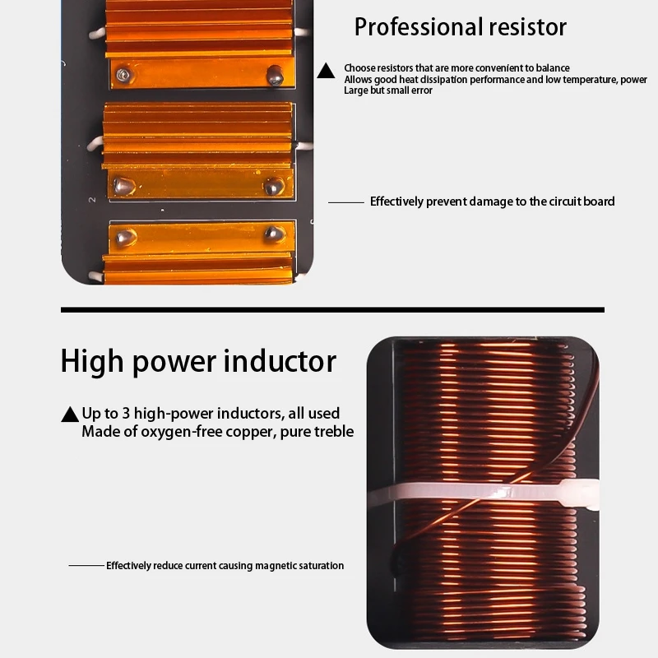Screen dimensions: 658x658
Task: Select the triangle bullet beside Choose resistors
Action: click(327, 72)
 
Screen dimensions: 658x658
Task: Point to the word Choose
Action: click(359, 68)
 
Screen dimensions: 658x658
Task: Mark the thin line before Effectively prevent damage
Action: click(345, 202)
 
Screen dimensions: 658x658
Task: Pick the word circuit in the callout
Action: click(538, 202)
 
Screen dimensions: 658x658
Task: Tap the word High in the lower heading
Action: click(94, 362)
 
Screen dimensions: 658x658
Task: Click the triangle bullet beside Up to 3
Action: click(70, 415)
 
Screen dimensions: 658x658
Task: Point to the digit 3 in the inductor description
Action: click(131, 414)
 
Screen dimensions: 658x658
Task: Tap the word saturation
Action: click(320, 566)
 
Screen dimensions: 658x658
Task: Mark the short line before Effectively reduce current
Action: click(86, 566)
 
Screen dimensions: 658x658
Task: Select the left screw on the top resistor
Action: click(123, 75)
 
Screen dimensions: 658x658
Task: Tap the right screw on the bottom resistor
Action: click(274, 234)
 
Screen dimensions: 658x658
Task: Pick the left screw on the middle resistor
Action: click(123, 185)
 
